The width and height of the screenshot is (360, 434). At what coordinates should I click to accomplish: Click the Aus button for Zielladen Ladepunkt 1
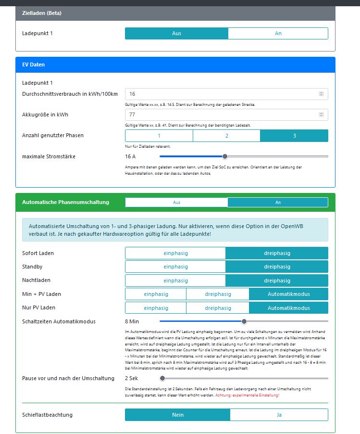176,33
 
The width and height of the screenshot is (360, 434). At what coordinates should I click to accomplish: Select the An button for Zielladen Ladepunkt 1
278,33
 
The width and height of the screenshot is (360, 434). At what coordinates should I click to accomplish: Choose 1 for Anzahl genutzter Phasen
159,136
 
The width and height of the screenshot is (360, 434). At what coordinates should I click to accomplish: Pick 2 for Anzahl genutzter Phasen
226,136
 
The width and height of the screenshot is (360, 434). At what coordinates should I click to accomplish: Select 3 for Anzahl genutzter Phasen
294,136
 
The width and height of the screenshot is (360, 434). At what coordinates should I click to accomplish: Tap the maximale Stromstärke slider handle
224,156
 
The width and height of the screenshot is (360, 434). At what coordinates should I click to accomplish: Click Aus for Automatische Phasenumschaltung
176,203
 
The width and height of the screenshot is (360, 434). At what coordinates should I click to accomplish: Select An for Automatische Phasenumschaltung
278,203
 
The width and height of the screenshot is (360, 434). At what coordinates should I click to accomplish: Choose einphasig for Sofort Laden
175,253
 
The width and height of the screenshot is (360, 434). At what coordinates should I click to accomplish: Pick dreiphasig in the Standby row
277,267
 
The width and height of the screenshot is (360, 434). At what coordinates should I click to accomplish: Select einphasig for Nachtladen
175,281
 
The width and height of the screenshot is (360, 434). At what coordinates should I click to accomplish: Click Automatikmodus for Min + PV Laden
289,294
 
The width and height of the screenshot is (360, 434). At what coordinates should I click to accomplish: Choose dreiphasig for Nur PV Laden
218,308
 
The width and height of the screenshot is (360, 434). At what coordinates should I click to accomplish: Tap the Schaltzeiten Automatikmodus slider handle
244,321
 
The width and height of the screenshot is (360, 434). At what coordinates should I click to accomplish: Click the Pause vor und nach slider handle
162,378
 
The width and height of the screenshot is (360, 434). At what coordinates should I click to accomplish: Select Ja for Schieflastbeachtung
279,415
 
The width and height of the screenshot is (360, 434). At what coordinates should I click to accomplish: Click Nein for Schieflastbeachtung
178,415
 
